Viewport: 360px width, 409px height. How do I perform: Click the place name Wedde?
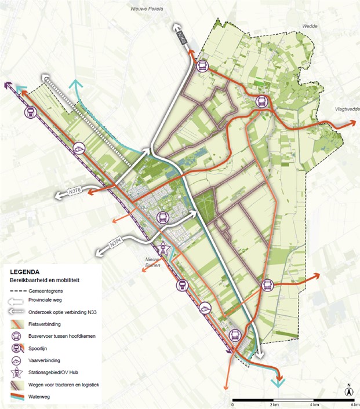click(310, 26)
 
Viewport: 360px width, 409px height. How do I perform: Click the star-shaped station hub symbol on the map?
click(165, 249)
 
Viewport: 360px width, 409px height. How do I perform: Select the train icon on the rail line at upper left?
click(29, 112)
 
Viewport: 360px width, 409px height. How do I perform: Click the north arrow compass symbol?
click(349, 392)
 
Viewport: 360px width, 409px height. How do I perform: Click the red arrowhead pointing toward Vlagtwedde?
click(352, 123)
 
